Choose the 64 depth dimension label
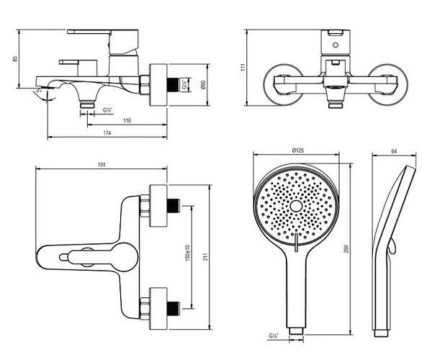pyautogui.click(x=395, y=150)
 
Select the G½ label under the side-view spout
pyautogui.click(x=108, y=109)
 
